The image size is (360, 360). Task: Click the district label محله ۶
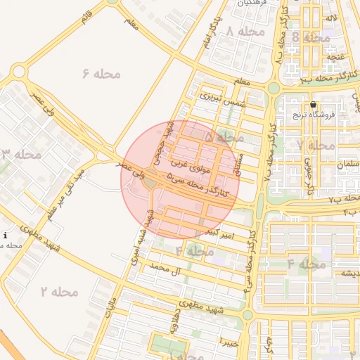(x=101, y=73)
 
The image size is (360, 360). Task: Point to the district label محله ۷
(x=316, y=145)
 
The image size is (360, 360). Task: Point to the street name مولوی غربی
(x=187, y=167)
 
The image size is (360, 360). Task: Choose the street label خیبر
(x=230, y=342)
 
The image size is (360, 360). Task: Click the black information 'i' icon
(x=6, y=236)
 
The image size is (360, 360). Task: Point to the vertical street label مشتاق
(x=241, y=166)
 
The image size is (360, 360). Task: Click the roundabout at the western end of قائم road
(x=18, y=71)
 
